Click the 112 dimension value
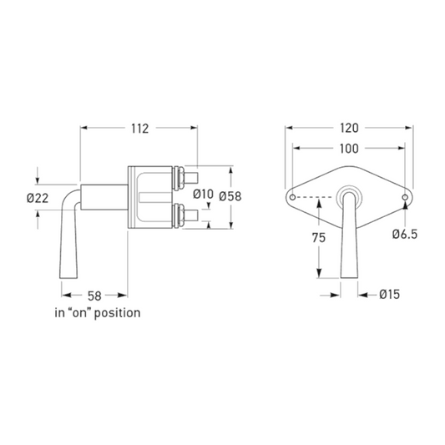click(x=139, y=129)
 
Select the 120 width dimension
click(x=349, y=128)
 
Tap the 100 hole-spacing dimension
click(x=349, y=149)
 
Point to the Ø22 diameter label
click(x=38, y=198)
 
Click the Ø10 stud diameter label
click(x=203, y=195)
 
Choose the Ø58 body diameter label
click(x=230, y=196)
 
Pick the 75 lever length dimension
click(x=319, y=238)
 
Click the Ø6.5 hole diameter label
click(x=405, y=234)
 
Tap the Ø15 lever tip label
click(x=390, y=295)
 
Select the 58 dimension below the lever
click(x=94, y=296)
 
